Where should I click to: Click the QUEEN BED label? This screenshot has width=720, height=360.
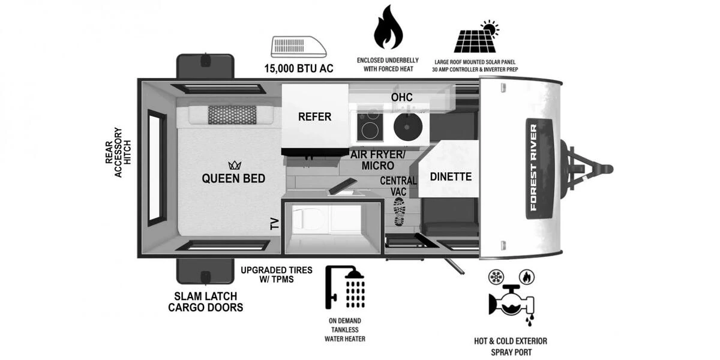(x=233, y=178)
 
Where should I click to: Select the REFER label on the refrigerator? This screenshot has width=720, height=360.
(x=314, y=116)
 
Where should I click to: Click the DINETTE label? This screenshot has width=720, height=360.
(x=451, y=177)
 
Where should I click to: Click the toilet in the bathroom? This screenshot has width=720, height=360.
(x=302, y=219)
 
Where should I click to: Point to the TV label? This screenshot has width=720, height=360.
(x=275, y=224)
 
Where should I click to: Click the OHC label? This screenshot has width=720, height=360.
(x=401, y=97)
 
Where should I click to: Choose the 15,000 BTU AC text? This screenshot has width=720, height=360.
(x=298, y=68)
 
